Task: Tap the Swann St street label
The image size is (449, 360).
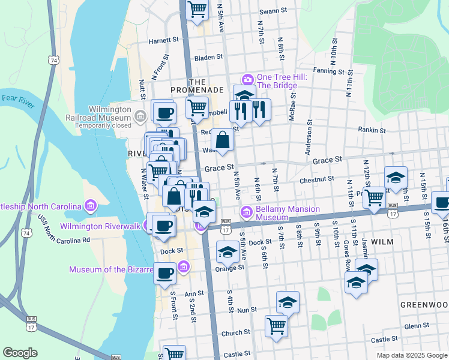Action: click(274, 11)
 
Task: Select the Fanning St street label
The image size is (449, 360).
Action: click(328, 71)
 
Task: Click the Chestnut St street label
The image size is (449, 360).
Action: click(318, 179)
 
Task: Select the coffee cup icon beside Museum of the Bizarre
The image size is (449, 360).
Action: click(164, 273)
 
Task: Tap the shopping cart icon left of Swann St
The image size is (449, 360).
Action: click(196, 10)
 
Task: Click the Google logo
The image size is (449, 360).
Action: click(20, 353)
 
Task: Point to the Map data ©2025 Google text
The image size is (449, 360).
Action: click(411, 355)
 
